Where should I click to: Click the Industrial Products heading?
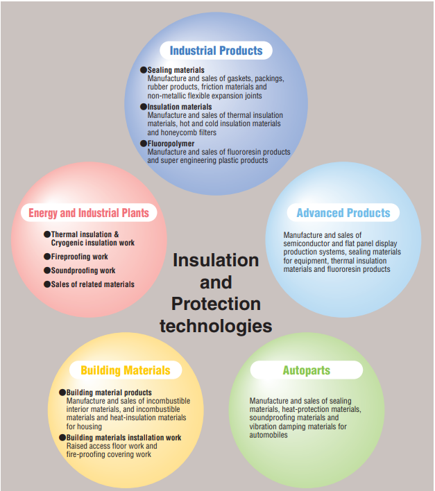216,51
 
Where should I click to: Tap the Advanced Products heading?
343,213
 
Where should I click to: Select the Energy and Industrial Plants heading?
89,213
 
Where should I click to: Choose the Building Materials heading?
126,370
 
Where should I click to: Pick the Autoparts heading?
306,370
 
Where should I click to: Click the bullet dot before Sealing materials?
144,70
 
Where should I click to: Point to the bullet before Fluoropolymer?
144,144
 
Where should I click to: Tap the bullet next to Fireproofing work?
47,257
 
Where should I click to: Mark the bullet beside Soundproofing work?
47,270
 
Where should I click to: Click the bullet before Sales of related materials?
47,284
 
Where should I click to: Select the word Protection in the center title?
216,304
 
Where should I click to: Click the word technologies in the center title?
216,326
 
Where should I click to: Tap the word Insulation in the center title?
216,260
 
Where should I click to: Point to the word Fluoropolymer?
171,144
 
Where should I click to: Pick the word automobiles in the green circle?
268,435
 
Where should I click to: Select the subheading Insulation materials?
180,107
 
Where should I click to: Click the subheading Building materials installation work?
123,438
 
